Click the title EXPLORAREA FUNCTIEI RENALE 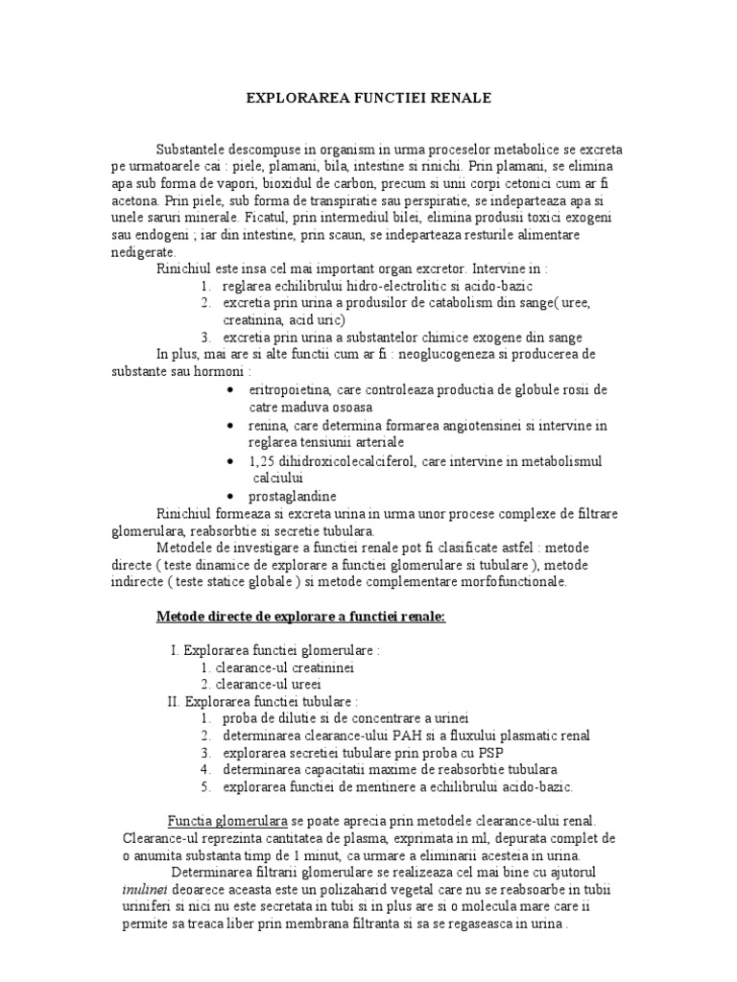tap(368, 98)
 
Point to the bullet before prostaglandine tap(231, 497)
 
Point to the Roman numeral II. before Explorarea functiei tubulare tap(174, 701)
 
